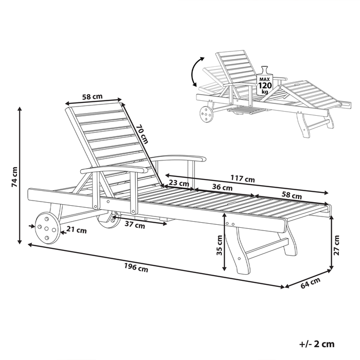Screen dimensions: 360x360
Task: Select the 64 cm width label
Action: coord(312,282)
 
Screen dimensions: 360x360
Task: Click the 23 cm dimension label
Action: coord(179,183)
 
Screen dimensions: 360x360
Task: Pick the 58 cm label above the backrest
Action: coord(92,96)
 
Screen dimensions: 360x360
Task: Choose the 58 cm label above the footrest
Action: coord(292,195)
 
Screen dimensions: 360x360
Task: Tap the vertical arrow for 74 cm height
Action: coord(21,175)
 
